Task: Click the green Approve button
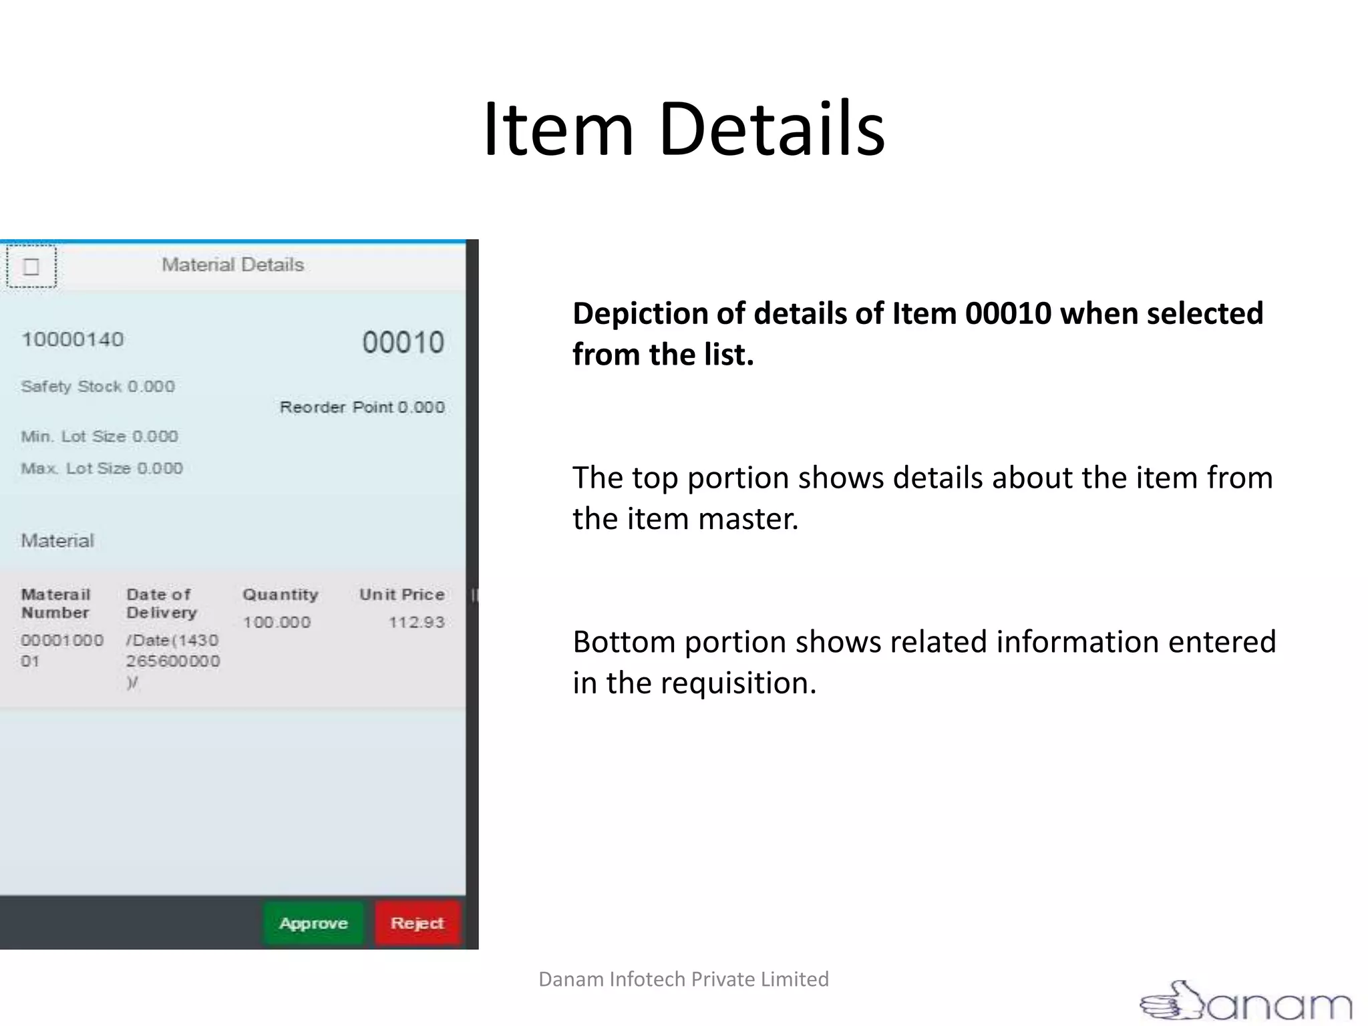(313, 923)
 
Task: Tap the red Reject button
(417, 923)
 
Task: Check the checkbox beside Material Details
(31, 267)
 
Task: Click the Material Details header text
(232, 265)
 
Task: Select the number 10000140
(72, 339)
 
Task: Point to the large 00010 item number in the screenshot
(403, 342)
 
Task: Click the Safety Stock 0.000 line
(98, 386)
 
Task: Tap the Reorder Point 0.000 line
(362, 407)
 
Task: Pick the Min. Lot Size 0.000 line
(100, 436)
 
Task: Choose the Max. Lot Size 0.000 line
(102, 468)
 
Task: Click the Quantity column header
(280, 594)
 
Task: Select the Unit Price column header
(401, 594)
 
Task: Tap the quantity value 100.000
(277, 623)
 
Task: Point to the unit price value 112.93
(416, 623)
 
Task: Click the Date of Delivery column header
(161, 603)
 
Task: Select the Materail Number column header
(55, 603)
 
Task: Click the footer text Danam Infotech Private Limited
(683, 979)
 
